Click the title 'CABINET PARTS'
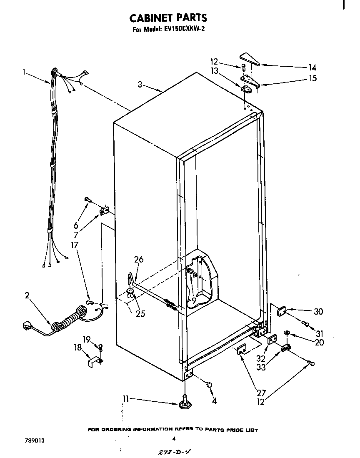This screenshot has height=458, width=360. click(x=168, y=18)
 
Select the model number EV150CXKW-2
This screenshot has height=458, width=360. click(x=182, y=30)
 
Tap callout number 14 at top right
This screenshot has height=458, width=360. click(x=312, y=68)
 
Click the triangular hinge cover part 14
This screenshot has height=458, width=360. click(x=249, y=59)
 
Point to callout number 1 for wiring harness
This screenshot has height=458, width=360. click(x=25, y=72)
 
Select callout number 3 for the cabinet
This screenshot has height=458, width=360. click(x=140, y=85)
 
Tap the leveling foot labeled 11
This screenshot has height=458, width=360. click(x=184, y=404)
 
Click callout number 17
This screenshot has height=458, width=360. click(x=75, y=245)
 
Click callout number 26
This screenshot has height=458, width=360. click(x=139, y=260)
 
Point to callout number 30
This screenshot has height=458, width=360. click(x=318, y=312)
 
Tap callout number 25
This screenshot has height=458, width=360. click(x=140, y=314)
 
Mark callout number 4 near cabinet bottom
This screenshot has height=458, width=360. click(x=214, y=402)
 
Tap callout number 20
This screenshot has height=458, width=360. click(x=319, y=343)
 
